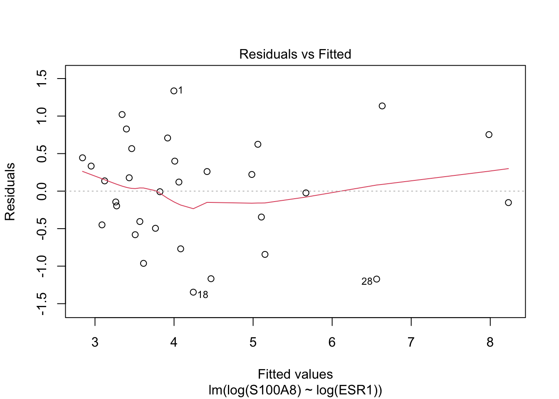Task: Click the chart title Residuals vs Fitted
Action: click(x=295, y=54)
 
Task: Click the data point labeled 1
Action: click(x=174, y=91)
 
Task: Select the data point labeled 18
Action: click(x=193, y=292)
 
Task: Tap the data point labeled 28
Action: click(x=376, y=279)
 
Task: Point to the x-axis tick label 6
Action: click(x=332, y=342)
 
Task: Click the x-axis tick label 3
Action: click(x=95, y=342)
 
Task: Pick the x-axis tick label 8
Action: click(x=490, y=342)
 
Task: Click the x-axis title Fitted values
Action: click(x=295, y=374)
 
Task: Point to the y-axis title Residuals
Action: click(x=10, y=192)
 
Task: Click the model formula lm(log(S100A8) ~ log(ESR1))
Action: click(x=295, y=391)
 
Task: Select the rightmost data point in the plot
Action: click(x=508, y=203)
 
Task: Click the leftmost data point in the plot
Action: click(x=82, y=158)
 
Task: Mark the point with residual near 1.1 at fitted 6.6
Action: click(x=382, y=106)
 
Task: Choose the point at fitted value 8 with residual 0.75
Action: click(x=489, y=135)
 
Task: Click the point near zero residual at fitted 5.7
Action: click(x=306, y=193)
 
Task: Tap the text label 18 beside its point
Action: click(x=203, y=295)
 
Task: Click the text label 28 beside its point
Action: click(x=367, y=282)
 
